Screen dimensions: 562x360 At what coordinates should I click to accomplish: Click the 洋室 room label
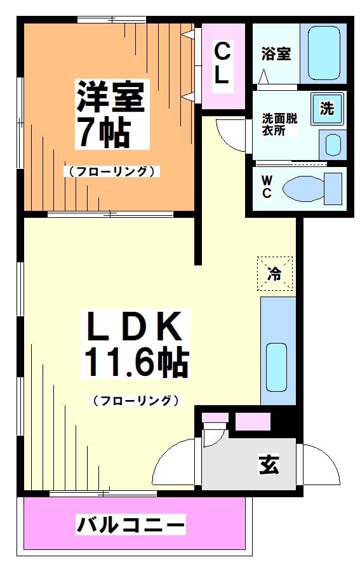point(111,96)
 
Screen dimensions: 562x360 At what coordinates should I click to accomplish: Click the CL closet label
point(222,62)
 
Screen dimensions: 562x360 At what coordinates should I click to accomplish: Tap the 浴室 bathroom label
point(276,54)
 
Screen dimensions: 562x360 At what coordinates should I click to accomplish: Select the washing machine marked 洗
point(326,108)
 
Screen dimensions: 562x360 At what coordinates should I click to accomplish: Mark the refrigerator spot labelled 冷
point(274,274)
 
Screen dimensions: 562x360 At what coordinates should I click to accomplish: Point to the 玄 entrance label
point(268,465)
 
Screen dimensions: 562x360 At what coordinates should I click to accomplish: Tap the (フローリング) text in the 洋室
point(110,171)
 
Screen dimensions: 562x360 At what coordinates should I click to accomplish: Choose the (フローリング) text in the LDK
point(135,400)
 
